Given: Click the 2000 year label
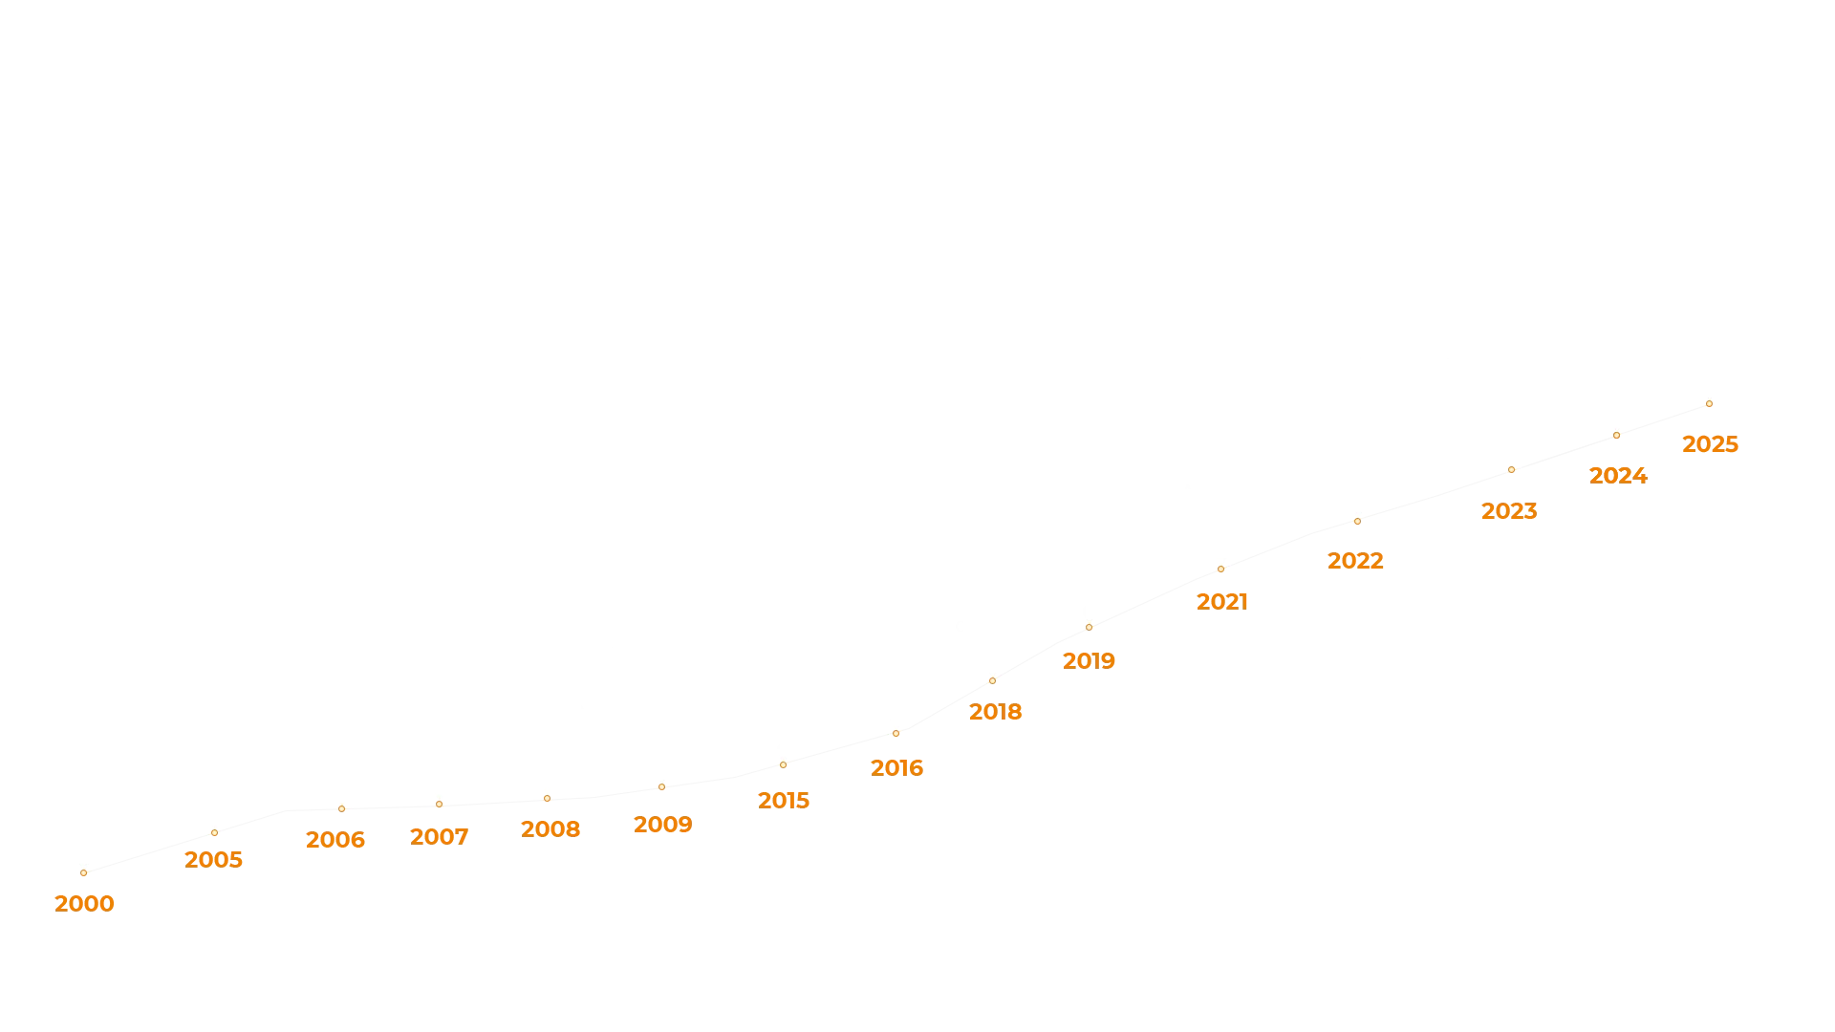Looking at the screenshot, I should tap(84, 904).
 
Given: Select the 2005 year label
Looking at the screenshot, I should tap(213, 860).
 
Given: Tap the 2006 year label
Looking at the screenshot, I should tap(335, 839).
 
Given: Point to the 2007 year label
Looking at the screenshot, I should tap(438, 837).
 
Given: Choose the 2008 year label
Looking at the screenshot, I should tap(550, 828).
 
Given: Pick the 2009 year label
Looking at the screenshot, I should tap(663, 823).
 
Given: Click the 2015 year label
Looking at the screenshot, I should tap(783, 799).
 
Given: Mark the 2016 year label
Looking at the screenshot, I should tap(897, 767).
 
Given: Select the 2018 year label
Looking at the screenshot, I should tap(994, 713).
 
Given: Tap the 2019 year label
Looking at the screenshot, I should tap(1089, 660).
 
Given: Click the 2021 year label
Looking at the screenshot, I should tap(1222, 600).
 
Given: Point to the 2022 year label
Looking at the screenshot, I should tap(1353, 561).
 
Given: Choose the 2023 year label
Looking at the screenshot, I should tap(1506, 509).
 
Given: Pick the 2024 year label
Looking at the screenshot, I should tap(1620, 476).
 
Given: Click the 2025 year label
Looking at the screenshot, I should tap(1712, 445).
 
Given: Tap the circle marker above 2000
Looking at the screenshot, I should tap(83, 873).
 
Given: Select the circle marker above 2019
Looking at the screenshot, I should tap(1089, 628).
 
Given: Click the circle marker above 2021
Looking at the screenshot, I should tap(1220, 570).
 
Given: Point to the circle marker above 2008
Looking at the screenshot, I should tap(547, 798).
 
